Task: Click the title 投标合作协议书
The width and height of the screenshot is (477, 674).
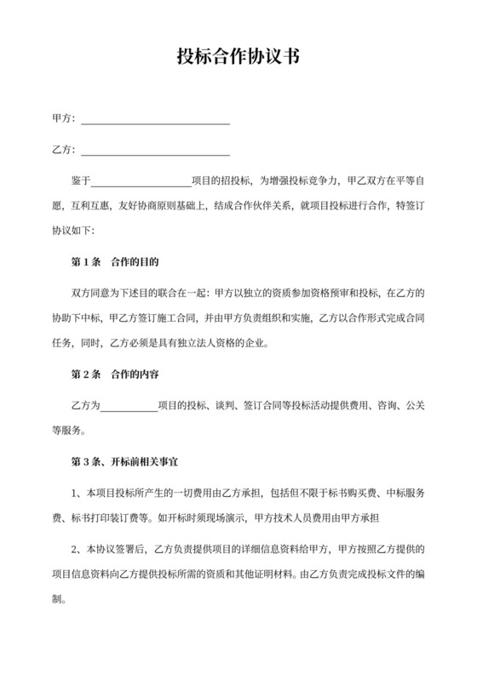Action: tap(238, 58)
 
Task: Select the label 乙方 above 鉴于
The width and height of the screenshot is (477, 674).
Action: tap(62, 151)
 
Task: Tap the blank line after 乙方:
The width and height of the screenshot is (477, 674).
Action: tap(154, 152)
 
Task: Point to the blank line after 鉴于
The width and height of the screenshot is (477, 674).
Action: tap(141, 183)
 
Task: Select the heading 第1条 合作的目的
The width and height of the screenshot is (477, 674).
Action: tap(114, 261)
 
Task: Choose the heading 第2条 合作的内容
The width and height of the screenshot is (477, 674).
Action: tap(114, 373)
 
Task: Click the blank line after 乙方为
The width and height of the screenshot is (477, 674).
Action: tap(129, 407)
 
